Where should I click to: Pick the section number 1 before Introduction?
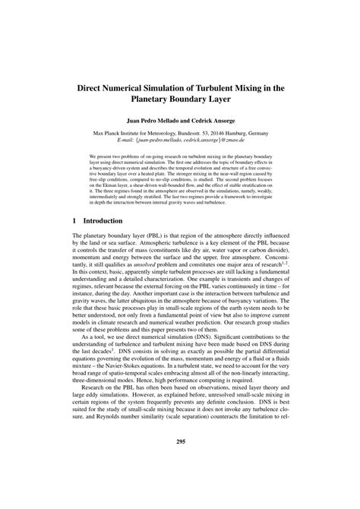(x=74, y=220)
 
